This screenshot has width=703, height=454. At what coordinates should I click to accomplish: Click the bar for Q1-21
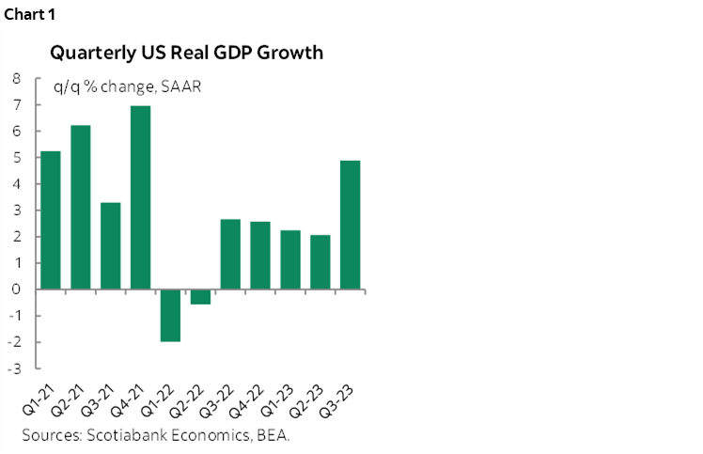pos(51,220)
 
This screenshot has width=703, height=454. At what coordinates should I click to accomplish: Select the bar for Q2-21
pos(81,207)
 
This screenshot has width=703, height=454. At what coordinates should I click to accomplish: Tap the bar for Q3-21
pos(110,245)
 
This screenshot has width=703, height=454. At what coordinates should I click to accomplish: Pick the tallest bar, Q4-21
pos(140,197)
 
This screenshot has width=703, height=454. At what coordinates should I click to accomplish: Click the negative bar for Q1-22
pos(170,315)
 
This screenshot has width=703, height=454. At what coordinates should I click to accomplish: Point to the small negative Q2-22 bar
pos(200,296)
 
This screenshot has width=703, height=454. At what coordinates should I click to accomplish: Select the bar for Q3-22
pos(230,254)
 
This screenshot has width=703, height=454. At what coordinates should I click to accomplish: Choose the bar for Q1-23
pos(289,259)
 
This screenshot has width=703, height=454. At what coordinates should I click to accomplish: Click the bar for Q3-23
pos(349,225)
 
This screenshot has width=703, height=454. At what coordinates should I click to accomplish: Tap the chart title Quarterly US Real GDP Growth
pos(187,53)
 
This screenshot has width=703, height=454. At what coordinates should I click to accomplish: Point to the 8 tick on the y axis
pos(16,79)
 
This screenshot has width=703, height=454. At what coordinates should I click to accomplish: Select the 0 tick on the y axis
pos(16,290)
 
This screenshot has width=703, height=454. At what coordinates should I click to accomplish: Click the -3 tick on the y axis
pos(14,368)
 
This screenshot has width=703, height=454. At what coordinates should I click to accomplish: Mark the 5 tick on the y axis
pos(16,158)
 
